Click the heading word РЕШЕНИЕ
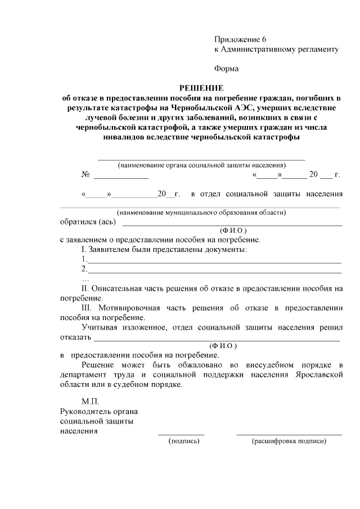201,88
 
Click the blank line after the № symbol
121,178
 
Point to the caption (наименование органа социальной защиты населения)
201,165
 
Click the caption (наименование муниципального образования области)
201,213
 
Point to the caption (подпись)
184,442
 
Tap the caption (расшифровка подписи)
289,442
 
